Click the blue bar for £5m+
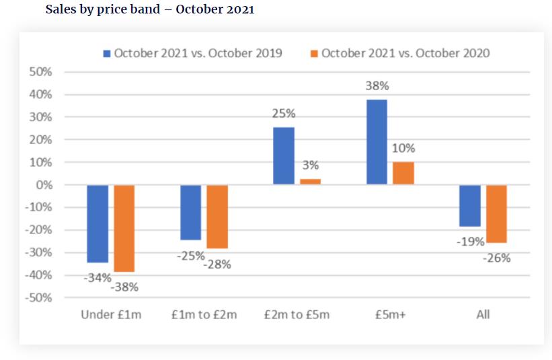pyautogui.click(x=377, y=142)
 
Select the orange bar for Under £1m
pyautogui.click(x=124, y=228)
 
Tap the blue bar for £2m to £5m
pyautogui.click(x=283, y=155)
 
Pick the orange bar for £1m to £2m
pyautogui.click(x=217, y=217)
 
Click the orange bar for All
pyautogui.click(x=496, y=213)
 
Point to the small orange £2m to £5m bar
pyautogui.click(x=310, y=181)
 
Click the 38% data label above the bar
pyautogui.click(x=377, y=86)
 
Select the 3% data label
pyautogui.click(x=310, y=165)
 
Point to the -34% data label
pyautogui.click(x=97, y=277)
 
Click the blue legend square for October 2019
pyautogui.click(x=107, y=53)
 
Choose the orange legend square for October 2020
pyautogui.click(x=314, y=53)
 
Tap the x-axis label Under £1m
pyautogui.click(x=111, y=314)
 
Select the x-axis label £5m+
pyautogui.click(x=390, y=314)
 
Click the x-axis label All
pyautogui.click(x=483, y=314)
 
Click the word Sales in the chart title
pyautogui.click(x=61, y=10)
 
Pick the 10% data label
pyautogui.click(x=403, y=148)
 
